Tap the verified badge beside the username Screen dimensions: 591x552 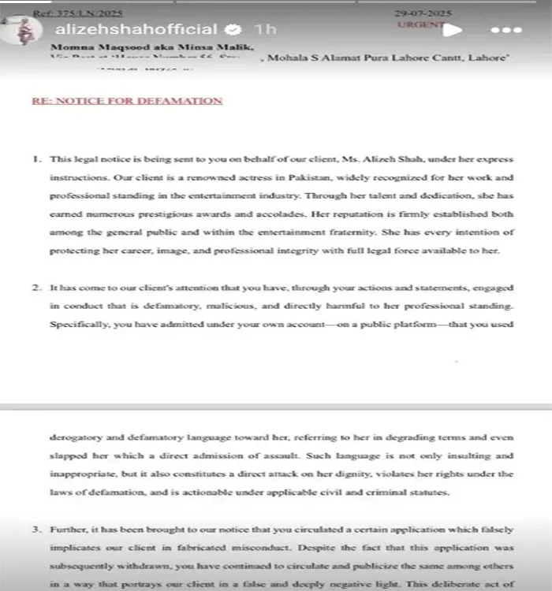[233, 30]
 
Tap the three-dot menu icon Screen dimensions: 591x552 [506, 30]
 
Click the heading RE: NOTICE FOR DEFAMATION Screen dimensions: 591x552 [127, 101]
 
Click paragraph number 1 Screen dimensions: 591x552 [37, 158]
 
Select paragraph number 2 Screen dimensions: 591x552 [37, 288]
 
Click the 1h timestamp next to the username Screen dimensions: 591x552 [267, 30]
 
